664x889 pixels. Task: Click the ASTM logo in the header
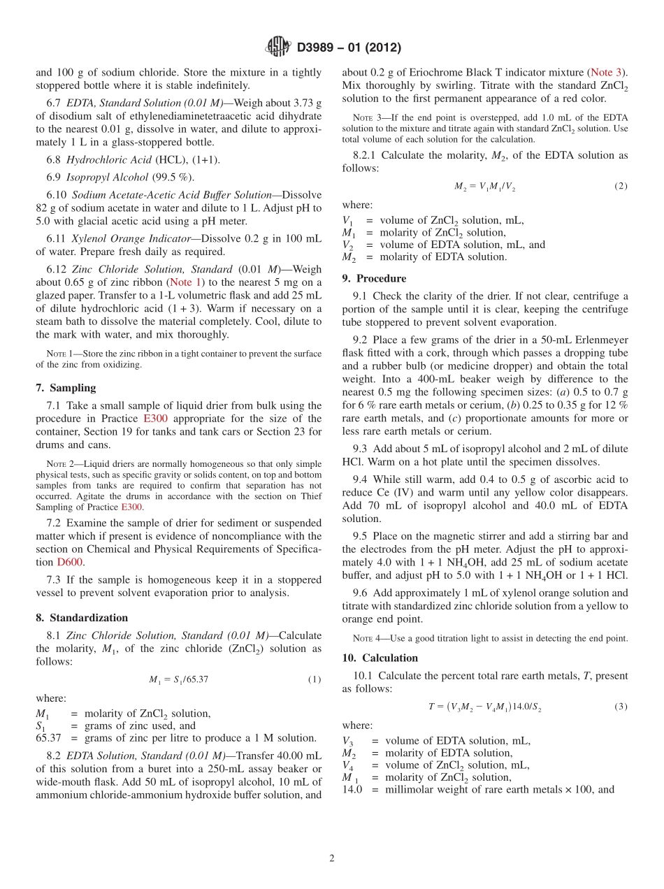(x=277, y=48)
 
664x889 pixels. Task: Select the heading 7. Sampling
(x=66, y=388)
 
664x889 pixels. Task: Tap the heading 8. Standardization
(x=82, y=618)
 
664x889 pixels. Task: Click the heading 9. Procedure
(x=374, y=278)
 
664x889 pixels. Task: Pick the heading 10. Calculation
(x=380, y=658)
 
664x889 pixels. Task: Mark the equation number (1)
(x=314, y=679)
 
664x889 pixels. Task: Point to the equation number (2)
(x=621, y=186)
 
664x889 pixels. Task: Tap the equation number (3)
(x=621, y=707)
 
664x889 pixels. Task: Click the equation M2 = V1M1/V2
(x=484, y=187)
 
